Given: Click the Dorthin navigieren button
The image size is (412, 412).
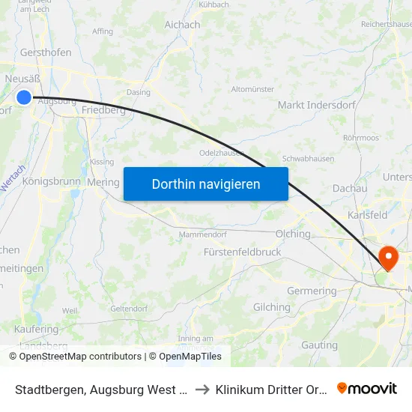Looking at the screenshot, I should click(206, 184).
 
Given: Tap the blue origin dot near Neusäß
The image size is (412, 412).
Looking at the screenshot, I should click(24, 97).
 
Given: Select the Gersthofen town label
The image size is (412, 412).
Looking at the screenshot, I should click(46, 52).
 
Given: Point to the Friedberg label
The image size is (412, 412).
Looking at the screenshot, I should click(103, 110).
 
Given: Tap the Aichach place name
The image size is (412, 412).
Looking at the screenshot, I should click(182, 25).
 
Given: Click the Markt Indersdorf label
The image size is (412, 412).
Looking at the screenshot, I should click(306, 105).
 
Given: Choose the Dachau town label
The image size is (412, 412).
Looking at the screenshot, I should click(349, 189).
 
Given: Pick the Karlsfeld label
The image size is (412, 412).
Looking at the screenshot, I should click(367, 215).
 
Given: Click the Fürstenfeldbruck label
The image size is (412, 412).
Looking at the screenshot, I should click(242, 252).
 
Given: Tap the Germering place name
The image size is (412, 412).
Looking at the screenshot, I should click(312, 291).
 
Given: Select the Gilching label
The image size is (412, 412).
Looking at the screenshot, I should click(272, 307).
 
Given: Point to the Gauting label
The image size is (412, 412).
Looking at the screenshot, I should click(319, 345).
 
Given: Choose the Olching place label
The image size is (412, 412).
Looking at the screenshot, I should click(293, 234).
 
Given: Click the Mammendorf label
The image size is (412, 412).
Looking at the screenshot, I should click(202, 235).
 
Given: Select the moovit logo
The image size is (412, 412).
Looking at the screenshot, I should click(367, 388).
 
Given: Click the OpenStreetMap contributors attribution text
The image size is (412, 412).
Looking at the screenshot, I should click(80, 357).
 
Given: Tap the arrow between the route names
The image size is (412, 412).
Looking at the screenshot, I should click(202, 389).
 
